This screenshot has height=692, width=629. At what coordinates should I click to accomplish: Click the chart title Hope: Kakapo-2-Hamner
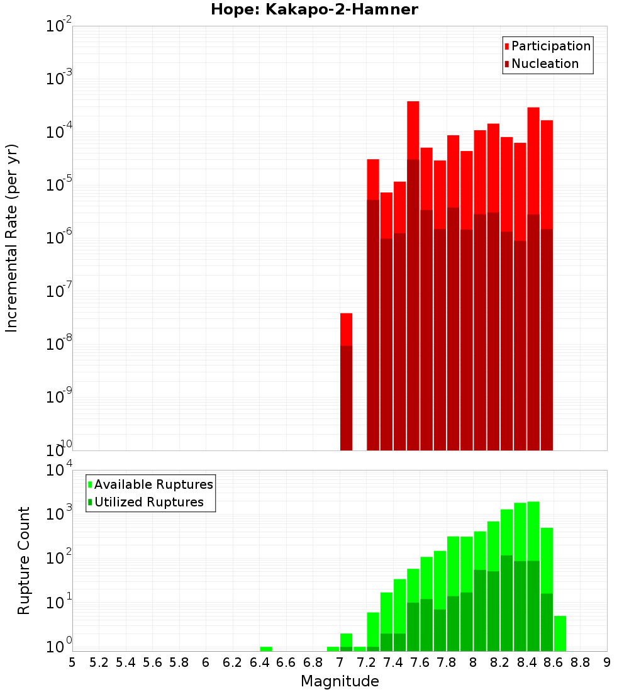click(314, 9)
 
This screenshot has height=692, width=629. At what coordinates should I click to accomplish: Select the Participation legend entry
click(551, 47)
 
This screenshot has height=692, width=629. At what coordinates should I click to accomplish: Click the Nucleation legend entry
click(545, 64)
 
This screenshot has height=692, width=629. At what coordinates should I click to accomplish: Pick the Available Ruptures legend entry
click(153, 484)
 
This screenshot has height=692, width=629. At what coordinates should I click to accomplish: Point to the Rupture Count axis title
click(24, 560)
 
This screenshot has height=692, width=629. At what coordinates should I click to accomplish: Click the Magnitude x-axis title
click(340, 681)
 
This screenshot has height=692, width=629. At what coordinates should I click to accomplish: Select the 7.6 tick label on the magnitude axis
click(420, 662)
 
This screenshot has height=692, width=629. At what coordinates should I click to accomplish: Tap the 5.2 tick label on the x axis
click(99, 662)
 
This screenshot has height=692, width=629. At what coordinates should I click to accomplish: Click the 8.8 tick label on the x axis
click(581, 662)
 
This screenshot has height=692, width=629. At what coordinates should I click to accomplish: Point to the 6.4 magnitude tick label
click(259, 662)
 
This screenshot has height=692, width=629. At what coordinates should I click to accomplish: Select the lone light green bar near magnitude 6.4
click(266, 649)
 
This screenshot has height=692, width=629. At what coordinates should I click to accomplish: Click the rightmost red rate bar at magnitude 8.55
click(547, 170)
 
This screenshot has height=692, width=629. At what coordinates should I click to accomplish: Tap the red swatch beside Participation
click(506, 47)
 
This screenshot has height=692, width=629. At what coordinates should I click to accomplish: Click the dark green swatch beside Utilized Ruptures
click(90, 502)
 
